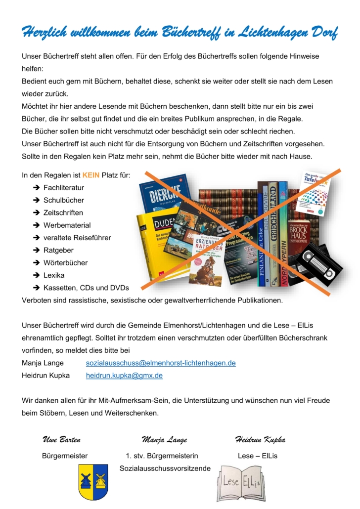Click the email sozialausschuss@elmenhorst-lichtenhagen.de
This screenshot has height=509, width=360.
click(x=161, y=363)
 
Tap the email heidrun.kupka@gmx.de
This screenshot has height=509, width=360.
click(x=124, y=376)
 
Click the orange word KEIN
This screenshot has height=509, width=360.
click(x=91, y=175)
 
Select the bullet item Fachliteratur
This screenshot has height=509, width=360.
click(x=63, y=188)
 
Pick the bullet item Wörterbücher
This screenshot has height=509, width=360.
click(x=65, y=262)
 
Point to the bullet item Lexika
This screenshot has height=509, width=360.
click(x=54, y=275)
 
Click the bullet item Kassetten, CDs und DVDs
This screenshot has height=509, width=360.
click(x=86, y=288)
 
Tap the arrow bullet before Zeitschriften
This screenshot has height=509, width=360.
click(x=37, y=213)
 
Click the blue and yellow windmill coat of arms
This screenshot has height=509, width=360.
click(x=93, y=481)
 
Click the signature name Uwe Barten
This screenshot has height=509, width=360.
click(x=62, y=440)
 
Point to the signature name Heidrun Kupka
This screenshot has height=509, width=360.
click(x=260, y=440)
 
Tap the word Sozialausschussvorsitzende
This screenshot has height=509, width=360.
click(x=165, y=468)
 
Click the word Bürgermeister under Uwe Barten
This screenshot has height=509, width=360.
click(x=65, y=456)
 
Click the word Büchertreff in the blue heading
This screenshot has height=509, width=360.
click(x=193, y=33)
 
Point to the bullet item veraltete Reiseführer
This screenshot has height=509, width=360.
click(x=77, y=238)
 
